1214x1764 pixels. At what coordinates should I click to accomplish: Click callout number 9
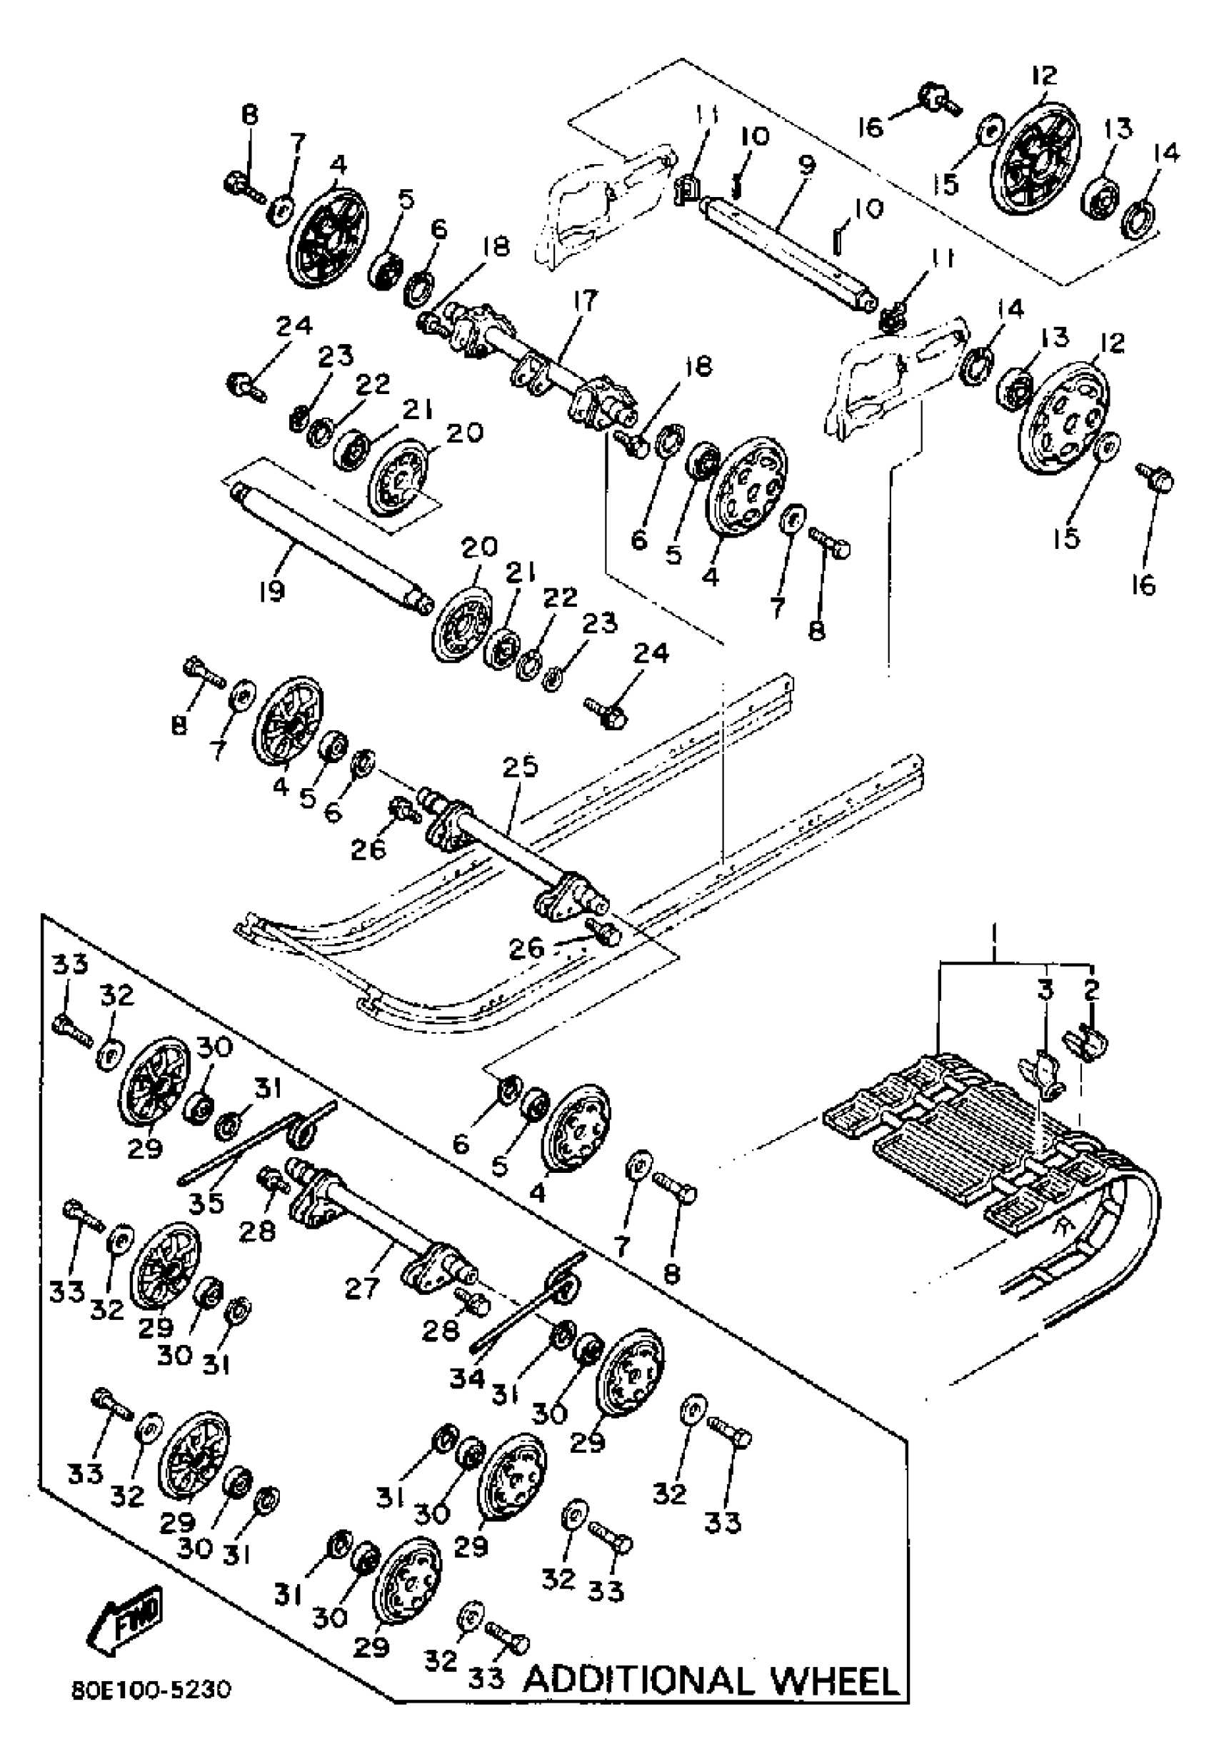tap(806, 164)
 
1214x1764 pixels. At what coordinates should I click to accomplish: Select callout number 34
tap(466, 1376)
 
